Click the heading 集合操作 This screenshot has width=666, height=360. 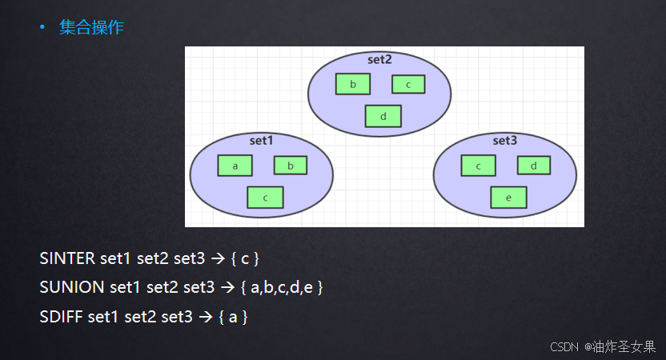click(91, 28)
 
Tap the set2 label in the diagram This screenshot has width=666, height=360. click(379, 59)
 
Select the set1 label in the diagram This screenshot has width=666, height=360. click(261, 141)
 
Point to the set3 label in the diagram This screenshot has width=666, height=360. click(504, 141)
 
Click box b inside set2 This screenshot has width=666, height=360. click(353, 84)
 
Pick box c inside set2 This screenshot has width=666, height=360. click(408, 84)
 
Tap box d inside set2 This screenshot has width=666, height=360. click(383, 116)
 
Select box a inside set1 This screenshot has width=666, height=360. click(235, 166)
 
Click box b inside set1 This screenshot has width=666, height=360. click(291, 166)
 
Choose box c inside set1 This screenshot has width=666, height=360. click(265, 197)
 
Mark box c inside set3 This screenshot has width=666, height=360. click(479, 166)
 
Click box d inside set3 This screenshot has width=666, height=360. click(533, 166)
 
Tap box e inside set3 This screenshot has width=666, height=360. click(508, 197)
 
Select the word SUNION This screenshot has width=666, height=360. click(71, 286)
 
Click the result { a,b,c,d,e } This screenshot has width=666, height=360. click(282, 286)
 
